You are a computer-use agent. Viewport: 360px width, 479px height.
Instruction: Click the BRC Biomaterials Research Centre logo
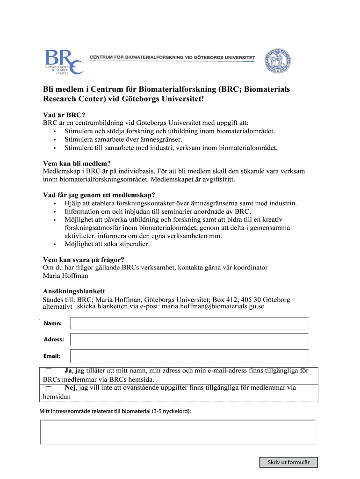tap(64, 62)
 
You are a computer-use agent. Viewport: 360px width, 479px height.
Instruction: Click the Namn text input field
tap(189, 324)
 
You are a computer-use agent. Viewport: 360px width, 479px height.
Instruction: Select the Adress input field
tap(189, 340)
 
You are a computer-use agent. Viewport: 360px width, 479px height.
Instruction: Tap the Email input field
tap(189, 356)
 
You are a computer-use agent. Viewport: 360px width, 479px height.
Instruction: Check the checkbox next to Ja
tap(49, 371)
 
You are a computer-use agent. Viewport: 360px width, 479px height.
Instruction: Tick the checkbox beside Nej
tap(49, 389)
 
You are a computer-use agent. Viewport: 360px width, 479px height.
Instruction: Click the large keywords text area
tap(178, 432)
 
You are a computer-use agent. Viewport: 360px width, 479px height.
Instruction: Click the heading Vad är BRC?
tap(64, 115)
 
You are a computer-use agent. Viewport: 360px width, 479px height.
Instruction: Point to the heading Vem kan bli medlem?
tap(77, 163)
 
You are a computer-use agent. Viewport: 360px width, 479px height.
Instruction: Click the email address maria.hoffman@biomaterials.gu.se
tap(213, 307)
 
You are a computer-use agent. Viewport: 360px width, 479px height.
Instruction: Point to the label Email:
tap(52, 356)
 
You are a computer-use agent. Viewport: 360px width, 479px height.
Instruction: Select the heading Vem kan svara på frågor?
tap(84, 260)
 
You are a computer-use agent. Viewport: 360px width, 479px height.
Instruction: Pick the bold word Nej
tap(70, 388)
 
